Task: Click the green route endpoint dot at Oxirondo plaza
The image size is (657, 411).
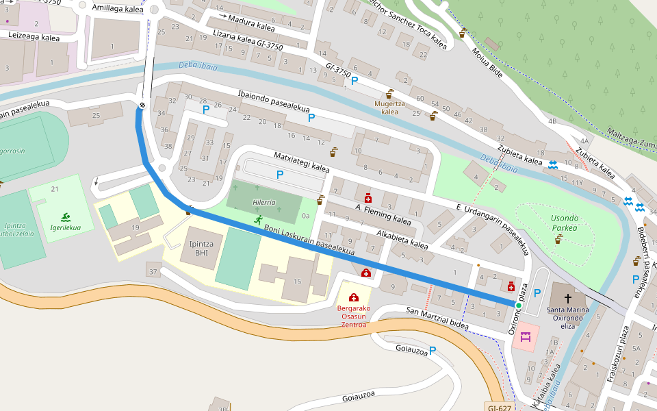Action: [519, 305]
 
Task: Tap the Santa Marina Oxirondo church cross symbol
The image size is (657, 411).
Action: [568, 299]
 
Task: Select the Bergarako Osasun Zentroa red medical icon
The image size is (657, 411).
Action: [353, 297]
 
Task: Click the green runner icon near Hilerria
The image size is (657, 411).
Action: [259, 219]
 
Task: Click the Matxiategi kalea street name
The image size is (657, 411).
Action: [301, 163]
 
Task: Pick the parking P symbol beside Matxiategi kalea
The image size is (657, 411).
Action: [279, 175]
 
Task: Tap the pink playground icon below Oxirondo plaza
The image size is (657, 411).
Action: [526, 337]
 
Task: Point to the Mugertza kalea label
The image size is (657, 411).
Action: [389, 108]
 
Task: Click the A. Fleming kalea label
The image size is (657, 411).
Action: [383, 213]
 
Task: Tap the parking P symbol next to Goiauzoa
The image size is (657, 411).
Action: [432, 350]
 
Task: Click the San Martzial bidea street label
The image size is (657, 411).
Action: [437, 319]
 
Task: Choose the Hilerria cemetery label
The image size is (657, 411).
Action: [263, 203]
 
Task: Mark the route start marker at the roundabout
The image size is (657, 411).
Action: [142, 105]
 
